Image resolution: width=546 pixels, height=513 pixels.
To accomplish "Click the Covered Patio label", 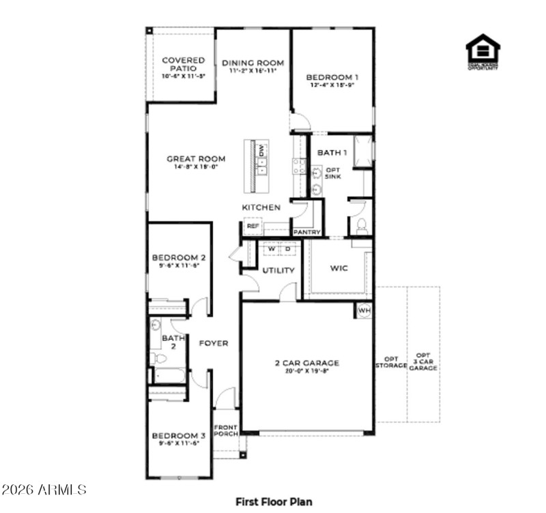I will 183,65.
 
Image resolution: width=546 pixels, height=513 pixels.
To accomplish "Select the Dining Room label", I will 253,63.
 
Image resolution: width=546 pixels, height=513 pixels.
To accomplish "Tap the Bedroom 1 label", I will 332,77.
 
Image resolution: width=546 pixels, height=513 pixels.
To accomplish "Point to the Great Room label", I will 196,159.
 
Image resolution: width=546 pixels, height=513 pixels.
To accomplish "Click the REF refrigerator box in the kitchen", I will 253,226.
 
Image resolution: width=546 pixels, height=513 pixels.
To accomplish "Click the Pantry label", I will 306,232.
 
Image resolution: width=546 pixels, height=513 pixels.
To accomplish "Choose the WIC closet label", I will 339,268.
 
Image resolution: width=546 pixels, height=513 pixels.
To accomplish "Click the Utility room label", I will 278,270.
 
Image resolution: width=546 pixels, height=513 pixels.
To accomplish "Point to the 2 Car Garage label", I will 306,364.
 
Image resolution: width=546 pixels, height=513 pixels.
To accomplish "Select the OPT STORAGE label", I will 390,362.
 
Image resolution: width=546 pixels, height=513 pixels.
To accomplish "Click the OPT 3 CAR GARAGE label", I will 424,362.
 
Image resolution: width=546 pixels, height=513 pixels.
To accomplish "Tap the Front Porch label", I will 225,430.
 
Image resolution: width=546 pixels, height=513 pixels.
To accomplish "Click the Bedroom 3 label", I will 179,436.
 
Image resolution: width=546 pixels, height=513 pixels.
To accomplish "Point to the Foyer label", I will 213,343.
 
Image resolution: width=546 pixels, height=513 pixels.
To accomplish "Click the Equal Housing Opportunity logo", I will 483,52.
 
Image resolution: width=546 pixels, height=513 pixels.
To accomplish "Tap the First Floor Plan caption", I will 274,501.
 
